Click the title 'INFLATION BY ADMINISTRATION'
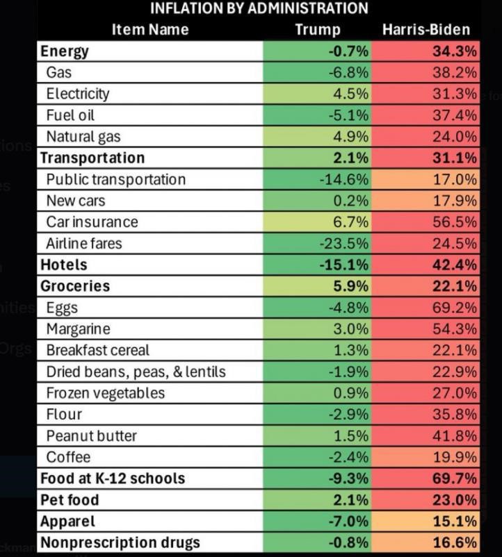coord(259,8)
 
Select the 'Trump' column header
coord(317,29)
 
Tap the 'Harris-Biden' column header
coord(426,29)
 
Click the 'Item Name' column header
coord(150,29)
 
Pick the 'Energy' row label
coord(65,51)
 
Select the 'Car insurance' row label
coord(92,222)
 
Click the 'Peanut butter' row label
coord(91,435)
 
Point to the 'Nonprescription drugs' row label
coord(120,542)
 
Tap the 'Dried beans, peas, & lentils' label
coord(136,372)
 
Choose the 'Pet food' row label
coord(70,500)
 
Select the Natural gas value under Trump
coord(350,136)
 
